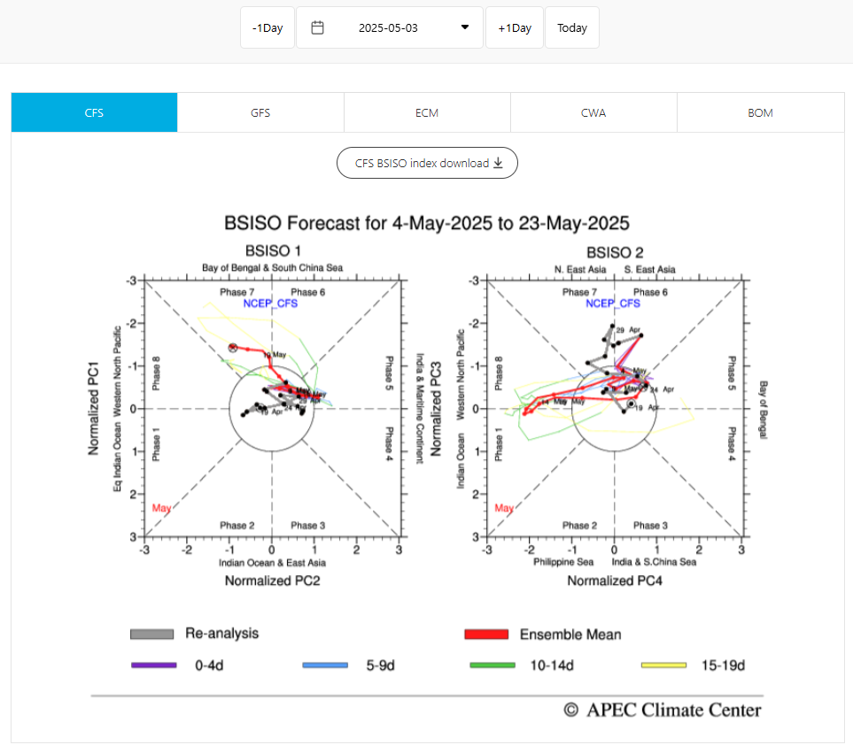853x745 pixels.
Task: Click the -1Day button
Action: [x=267, y=27]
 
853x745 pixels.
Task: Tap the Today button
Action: [x=571, y=27]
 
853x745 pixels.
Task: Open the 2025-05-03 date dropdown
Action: [x=390, y=27]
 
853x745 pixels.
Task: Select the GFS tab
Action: [x=260, y=112]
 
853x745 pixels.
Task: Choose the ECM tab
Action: [x=427, y=112]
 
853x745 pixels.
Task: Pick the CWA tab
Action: [x=593, y=112]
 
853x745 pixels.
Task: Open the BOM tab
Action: [x=760, y=112]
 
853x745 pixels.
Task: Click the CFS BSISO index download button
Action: [x=427, y=163]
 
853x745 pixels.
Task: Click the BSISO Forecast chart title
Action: [x=427, y=222]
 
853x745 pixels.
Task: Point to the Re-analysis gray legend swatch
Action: [x=151, y=634]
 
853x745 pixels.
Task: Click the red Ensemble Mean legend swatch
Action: [x=486, y=634]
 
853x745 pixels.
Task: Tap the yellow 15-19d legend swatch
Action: [x=663, y=664]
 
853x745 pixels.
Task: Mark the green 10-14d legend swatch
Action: [x=494, y=664]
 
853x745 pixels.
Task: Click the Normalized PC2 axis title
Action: [x=272, y=581]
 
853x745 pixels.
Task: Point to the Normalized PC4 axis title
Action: [x=615, y=581]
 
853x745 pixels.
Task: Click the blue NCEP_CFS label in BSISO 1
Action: [x=270, y=303]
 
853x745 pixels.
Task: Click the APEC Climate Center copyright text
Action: [x=663, y=710]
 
